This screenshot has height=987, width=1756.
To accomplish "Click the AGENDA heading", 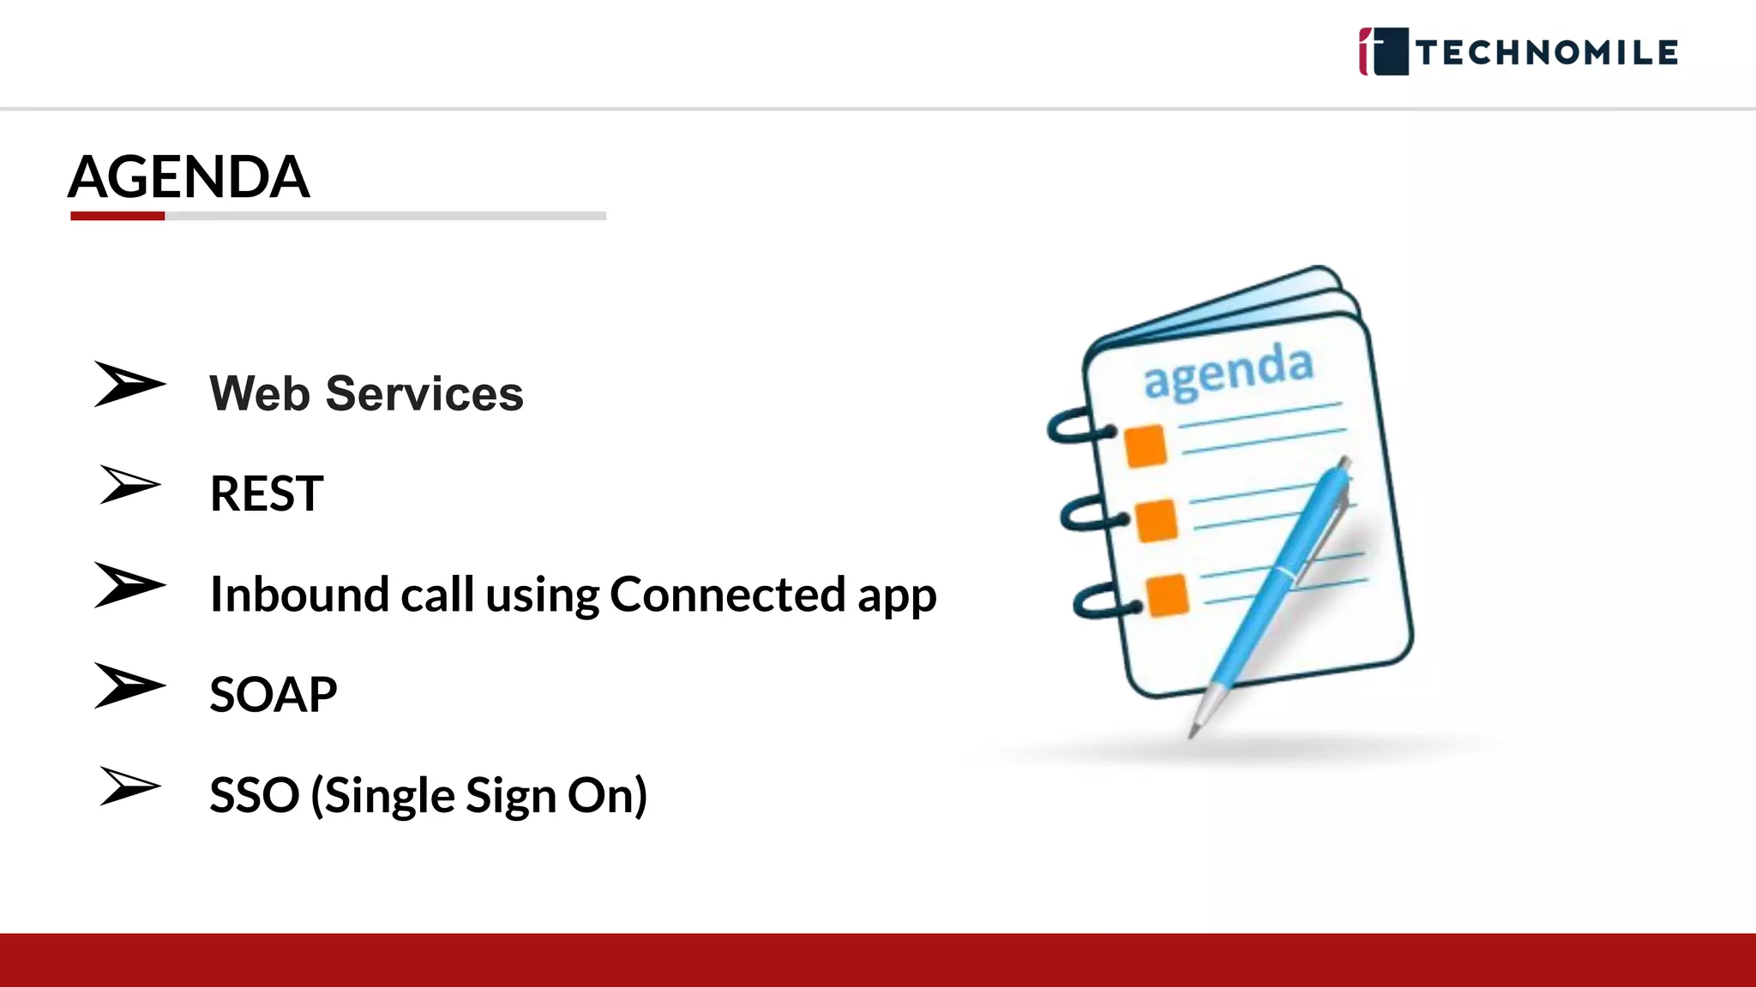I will coord(189,176).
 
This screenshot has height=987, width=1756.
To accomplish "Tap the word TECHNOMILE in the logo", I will coord(1547,52).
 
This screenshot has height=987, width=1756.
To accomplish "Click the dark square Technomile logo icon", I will coord(1384,51).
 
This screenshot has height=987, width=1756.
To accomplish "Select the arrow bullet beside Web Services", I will coord(129,384).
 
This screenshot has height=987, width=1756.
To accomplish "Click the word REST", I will coord(267,493).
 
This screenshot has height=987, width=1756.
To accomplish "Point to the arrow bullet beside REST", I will coord(129,485).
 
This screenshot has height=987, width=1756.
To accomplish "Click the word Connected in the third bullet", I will coord(727,594).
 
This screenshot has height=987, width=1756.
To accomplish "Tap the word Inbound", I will coord(299,594).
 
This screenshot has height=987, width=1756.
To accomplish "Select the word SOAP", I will coord(273,694).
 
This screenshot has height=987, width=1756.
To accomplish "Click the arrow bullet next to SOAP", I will coord(129,685).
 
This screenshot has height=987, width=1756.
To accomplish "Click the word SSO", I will coord(254,795).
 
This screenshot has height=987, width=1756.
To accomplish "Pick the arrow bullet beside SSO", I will coord(129,787).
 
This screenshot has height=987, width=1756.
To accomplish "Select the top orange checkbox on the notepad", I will coord(1146,446).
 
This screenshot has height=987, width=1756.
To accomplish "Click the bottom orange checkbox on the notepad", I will coord(1167,595).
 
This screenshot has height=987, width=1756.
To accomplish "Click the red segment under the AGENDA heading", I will coord(117,216).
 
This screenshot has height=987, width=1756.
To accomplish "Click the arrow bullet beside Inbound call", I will coord(129,585).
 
